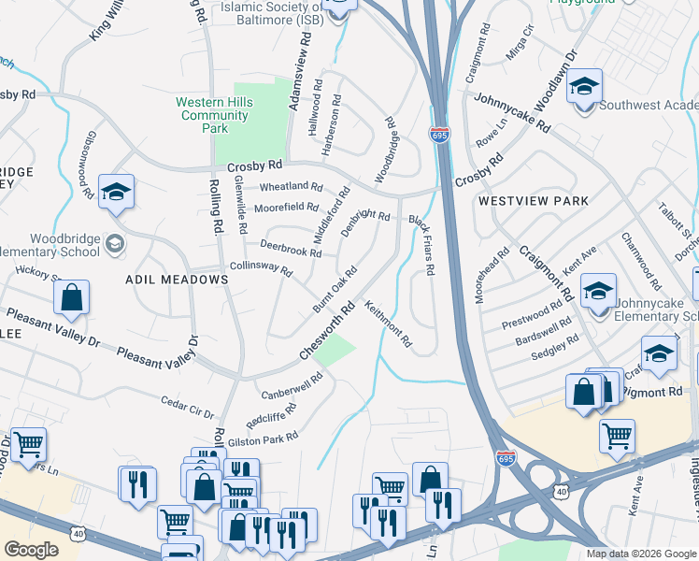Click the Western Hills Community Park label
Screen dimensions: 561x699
click(213, 115)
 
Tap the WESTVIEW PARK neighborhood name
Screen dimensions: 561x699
click(533, 201)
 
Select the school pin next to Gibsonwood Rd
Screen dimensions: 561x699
click(116, 192)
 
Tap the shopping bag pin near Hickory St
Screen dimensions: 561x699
click(71, 298)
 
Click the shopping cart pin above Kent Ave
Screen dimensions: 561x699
click(617, 436)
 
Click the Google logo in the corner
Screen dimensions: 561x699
click(31, 549)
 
